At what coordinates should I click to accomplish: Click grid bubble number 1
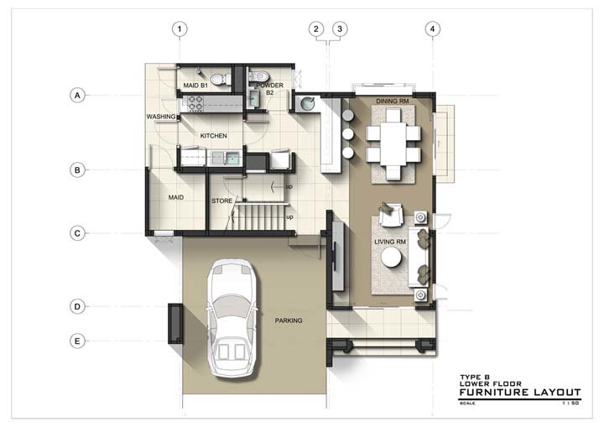(180, 29)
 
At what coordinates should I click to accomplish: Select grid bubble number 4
(432, 29)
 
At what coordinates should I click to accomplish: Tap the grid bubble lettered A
(77, 95)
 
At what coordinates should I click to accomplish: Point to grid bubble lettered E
(77, 341)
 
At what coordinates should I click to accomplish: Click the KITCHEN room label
(213, 136)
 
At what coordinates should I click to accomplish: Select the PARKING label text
(289, 320)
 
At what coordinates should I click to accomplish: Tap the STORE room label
(221, 200)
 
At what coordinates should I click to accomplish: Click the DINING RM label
(392, 101)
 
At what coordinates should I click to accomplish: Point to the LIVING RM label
(390, 242)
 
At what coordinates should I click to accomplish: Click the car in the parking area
(232, 318)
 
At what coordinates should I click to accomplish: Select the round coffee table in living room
(392, 257)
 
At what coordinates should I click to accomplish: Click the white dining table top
(393, 143)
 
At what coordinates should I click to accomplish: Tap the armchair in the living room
(391, 215)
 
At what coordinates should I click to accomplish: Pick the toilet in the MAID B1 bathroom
(220, 79)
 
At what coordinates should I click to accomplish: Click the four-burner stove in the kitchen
(195, 104)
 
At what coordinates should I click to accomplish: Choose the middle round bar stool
(348, 133)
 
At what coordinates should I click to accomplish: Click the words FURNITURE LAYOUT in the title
(520, 393)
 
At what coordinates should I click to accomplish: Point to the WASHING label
(161, 117)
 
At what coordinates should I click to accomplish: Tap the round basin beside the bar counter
(307, 104)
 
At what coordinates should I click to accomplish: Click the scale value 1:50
(570, 404)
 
